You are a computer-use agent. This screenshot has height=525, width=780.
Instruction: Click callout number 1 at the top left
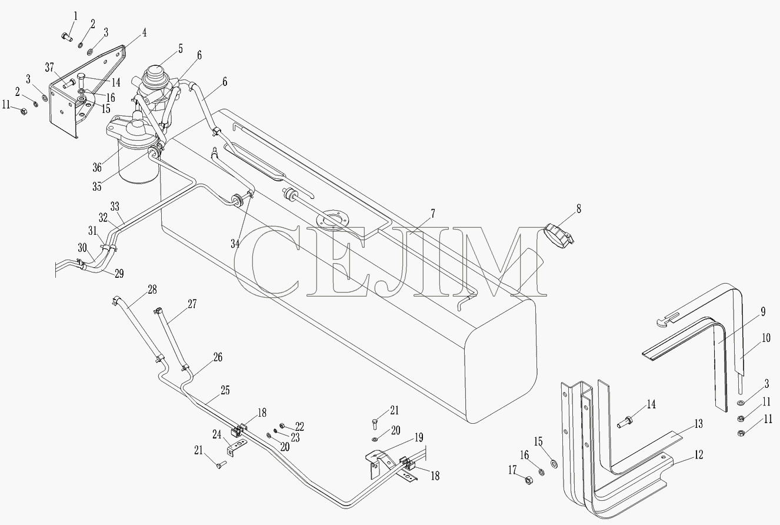[75, 16]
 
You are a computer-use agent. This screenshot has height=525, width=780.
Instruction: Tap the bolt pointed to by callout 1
[67, 36]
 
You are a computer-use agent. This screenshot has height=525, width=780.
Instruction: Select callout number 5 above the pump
[181, 49]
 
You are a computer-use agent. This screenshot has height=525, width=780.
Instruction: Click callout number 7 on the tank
[433, 214]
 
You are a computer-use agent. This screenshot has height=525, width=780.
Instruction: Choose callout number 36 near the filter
[97, 168]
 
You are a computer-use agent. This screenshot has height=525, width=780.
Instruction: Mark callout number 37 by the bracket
[49, 67]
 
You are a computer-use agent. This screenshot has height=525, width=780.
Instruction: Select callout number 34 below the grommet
[235, 244]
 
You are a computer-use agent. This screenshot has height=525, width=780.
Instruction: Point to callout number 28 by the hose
[152, 289]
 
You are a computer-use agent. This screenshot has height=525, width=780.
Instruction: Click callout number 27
[192, 304]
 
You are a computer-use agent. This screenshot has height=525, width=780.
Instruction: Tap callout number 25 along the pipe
[225, 390]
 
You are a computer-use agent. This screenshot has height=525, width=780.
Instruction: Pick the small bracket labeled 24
[237, 447]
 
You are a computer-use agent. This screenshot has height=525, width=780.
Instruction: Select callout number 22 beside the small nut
[299, 426]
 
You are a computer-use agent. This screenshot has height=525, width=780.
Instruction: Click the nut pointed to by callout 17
[529, 481]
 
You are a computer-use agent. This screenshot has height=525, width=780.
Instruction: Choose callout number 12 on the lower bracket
[698, 454]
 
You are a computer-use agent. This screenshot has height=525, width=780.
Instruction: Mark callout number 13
[698, 424]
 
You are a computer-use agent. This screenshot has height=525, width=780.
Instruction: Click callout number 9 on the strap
[763, 312]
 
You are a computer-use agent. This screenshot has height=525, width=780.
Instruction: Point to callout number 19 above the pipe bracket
[419, 437]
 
